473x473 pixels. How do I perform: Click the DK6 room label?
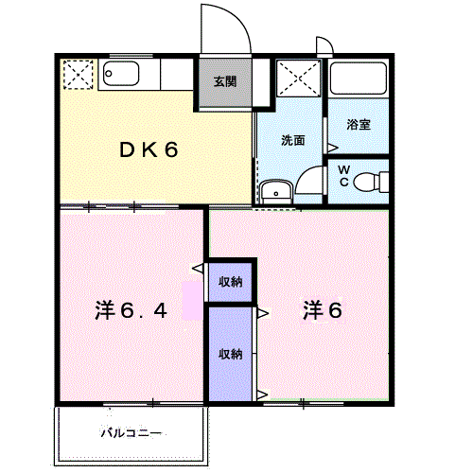pyautogui.click(x=148, y=149)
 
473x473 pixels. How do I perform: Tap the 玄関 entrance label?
pyautogui.click(x=224, y=81)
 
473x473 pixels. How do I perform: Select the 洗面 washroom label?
pyautogui.click(x=292, y=140)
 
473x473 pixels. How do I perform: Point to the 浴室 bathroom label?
pyautogui.click(x=358, y=124)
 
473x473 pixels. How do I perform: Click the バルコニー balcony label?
pyautogui.click(x=131, y=433)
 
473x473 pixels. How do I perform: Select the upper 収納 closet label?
pyautogui.click(x=231, y=281)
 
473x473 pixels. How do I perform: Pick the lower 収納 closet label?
pyautogui.click(x=231, y=355)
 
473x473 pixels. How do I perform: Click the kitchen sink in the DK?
pyautogui.click(x=121, y=73)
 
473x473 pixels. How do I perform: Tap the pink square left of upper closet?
pyautogui.click(x=192, y=294)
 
